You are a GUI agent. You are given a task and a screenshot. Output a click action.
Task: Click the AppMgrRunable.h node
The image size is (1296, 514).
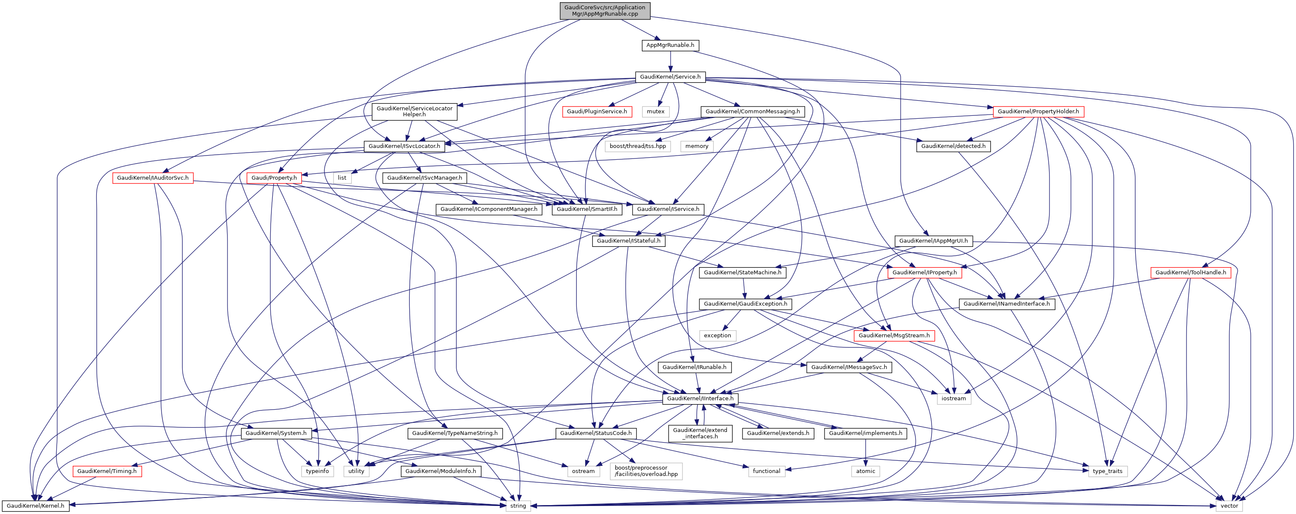pyautogui.click(x=670, y=45)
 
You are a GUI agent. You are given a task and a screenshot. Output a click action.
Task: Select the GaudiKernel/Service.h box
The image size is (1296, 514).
pyautogui.click(x=670, y=77)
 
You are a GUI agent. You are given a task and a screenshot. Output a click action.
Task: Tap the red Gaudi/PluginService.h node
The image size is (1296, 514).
pyautogui.click(x=597, y=112)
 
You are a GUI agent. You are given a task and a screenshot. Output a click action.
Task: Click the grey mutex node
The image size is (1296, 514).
pyautogui.click(x=655, y=112)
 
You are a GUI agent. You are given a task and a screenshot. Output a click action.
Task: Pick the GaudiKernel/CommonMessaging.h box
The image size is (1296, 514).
pyautogui.click(x=752, y=112)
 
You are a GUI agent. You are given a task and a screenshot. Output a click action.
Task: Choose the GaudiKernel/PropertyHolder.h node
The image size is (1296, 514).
pyautogui.click(x=1038, y=112)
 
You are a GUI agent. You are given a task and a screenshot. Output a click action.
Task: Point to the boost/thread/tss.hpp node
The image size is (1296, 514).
pyautogui.click(x=638, y=146)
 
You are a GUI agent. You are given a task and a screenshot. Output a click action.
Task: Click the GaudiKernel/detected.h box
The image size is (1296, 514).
pyautogui.click(x=953, y=146)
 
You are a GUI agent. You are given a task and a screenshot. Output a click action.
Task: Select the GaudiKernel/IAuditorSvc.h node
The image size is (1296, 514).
pyautogui.click(x=153, y=178)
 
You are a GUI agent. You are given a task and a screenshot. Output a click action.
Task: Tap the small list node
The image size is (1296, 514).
pyautogui.click(x=342, y=178)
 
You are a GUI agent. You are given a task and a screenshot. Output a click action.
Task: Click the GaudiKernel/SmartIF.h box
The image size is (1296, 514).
pyautogui.click(x=586, y=209)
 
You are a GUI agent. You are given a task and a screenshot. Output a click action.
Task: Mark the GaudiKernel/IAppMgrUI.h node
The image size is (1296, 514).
pyautogui.click(x=933, y=241)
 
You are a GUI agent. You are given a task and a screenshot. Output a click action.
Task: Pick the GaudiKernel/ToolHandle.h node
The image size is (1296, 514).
pyautogui.click(x=1190, y=273)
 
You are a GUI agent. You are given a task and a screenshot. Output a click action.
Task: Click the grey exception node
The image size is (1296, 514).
pyautogui.click(x=718, y=336)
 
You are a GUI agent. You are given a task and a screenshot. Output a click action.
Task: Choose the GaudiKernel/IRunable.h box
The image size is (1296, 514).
pyautogui.click(x=694, y=367)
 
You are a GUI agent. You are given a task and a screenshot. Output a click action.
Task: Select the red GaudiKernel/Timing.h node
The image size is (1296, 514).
pyautogui.click(x=107, y=471)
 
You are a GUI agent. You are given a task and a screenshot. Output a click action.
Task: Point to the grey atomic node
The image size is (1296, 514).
pyautogui.click(x=866, y=471)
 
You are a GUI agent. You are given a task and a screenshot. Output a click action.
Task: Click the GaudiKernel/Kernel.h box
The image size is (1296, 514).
pyautogui.click(x=35, y=506)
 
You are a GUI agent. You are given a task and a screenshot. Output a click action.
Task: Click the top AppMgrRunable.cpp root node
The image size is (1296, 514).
pyautogui.click(x=605, y=11)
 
